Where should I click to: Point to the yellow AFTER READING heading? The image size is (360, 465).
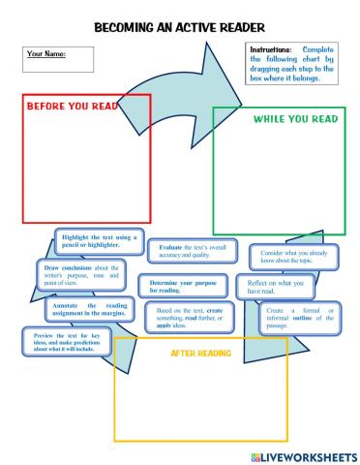pyautogui.click(x=199, y=353)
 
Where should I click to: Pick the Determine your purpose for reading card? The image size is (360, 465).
pyautogui.click(x=183, y=287)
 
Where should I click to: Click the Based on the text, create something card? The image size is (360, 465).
pyautogui.click(x=190, y=317)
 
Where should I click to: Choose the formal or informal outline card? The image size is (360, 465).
pyautogui.click(x=300, y=317)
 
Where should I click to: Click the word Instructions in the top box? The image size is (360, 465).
pyautogui.click(x=271, y=48)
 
